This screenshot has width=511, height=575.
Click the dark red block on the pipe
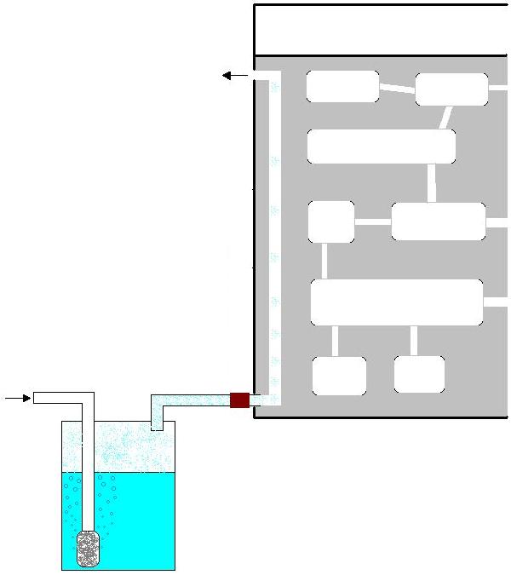[239, 400]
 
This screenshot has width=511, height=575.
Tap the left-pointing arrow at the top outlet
[235, 76]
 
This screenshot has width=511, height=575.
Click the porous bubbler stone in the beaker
[88, 549]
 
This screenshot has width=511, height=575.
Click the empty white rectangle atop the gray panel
[381, 30]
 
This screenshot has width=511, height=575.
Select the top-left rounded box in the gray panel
[342, 86]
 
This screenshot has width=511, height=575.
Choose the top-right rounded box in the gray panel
[451, 89]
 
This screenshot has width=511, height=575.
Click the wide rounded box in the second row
[381, 147]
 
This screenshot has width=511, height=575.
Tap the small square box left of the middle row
[331, 221]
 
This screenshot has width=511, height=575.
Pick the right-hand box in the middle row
[438, 221]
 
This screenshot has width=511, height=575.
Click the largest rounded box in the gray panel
[396, 302]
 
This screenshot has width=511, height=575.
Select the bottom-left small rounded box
[339, 376]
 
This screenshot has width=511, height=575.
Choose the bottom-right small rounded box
[419, 375]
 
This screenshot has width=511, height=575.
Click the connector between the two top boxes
[397, 88]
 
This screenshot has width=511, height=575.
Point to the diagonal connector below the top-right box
[445, 118]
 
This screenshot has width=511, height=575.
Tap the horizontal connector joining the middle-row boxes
[372, 222]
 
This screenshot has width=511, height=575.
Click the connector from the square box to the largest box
[324, 261]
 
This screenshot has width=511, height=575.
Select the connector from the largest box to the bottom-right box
[414, 341]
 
